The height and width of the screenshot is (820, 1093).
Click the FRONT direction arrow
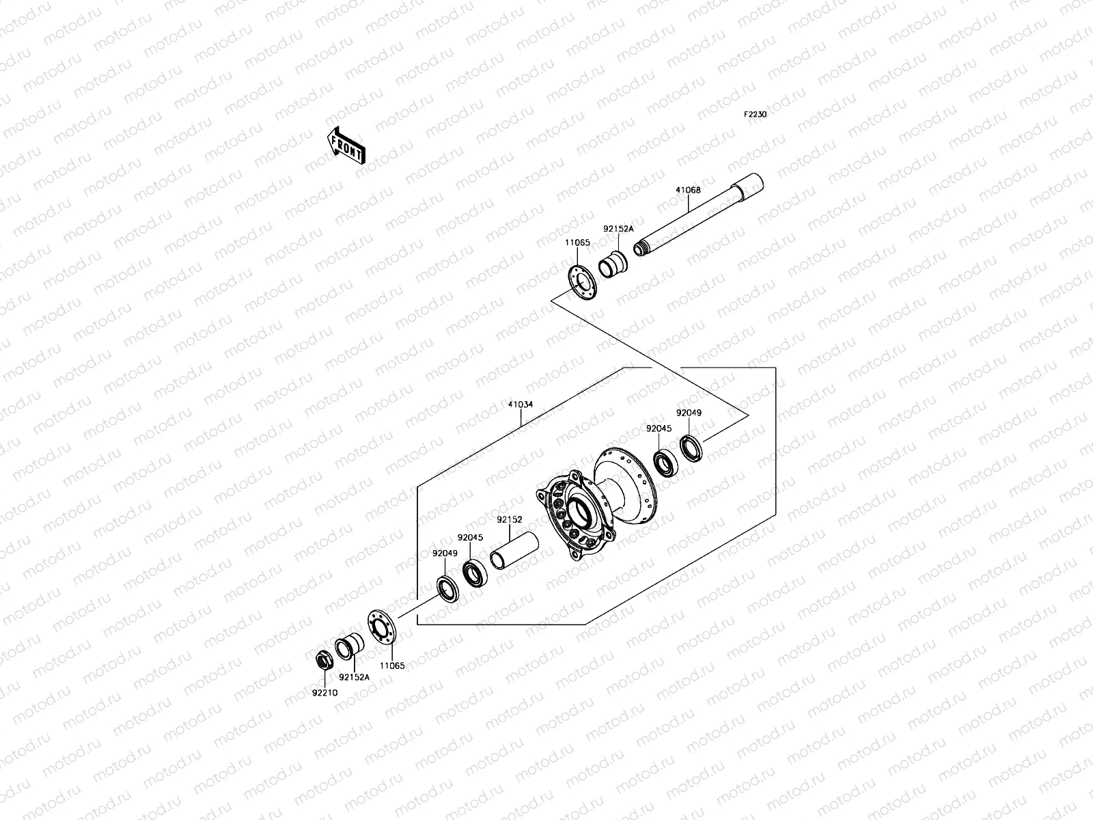point(346,146)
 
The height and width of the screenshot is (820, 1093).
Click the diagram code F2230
point(755,115)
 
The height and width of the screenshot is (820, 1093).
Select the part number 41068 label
point(688,190)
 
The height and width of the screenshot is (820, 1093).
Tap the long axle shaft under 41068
point(698,215)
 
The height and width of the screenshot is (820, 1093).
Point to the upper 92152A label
point(618,229)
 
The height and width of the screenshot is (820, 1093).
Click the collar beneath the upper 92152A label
point(613,264)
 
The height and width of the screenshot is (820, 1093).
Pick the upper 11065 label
point(577,243)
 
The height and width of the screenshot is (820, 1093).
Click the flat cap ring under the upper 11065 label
point(583,283)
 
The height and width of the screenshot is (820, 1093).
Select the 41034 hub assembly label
point(521,405)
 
